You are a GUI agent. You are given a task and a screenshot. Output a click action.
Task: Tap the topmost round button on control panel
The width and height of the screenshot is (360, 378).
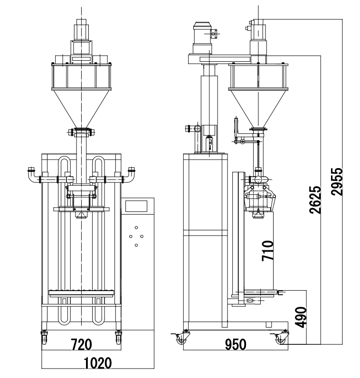(x=136, y=227)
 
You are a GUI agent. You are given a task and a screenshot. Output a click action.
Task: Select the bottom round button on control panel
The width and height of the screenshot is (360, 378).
(x=136, y=245)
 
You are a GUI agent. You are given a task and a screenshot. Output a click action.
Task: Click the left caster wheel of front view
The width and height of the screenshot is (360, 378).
(x=45, y=338)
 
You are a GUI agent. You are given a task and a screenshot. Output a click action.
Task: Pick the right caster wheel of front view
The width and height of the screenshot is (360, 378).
(x=118, y=338)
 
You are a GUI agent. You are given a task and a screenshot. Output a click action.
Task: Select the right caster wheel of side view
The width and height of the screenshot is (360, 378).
(x=281, y=339)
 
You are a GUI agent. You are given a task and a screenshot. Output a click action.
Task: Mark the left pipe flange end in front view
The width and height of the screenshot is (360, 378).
(x=31, y=169)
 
